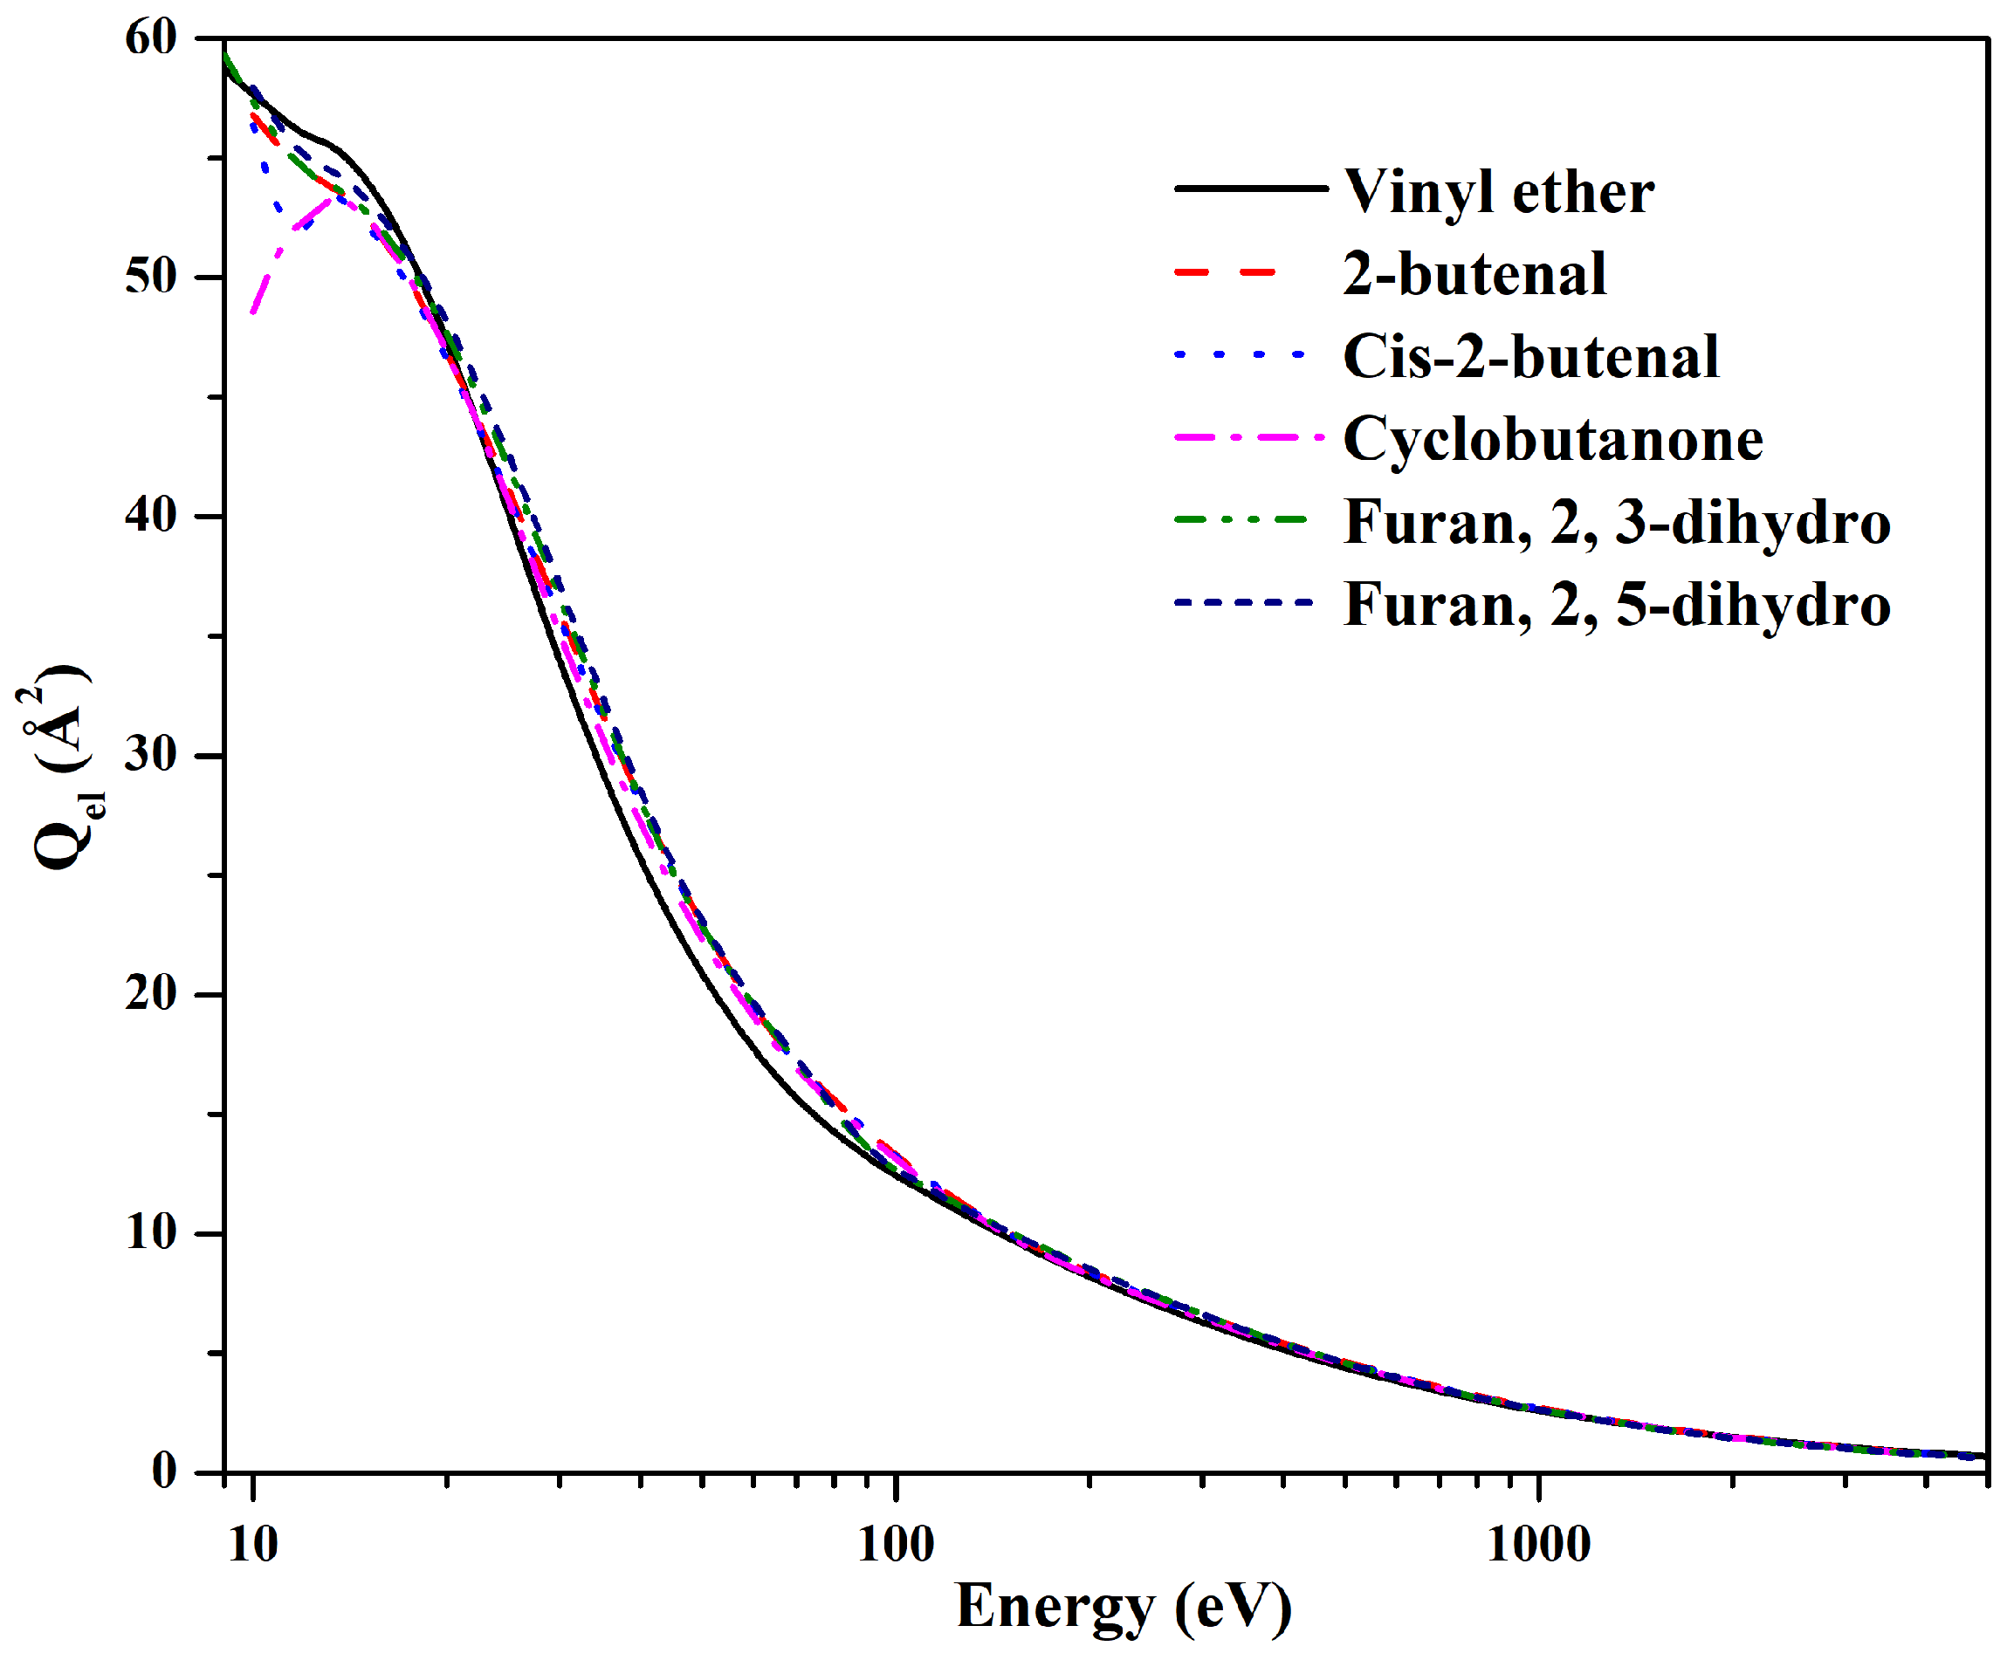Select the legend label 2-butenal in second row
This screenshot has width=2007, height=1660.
[x=1474, y=274]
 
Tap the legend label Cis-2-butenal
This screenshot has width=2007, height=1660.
[x=1530, y=356]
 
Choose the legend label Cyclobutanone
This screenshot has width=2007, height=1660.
[x=1552, y=440]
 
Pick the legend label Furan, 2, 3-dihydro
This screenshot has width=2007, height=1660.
[x=1616, y=523]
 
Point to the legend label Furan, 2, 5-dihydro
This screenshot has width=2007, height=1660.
[x=1616, y=605]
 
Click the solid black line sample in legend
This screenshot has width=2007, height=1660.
[x=1250, y=189]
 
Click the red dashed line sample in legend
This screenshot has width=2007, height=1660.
[x=1227, y=272]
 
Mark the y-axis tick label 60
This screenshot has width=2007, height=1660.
[x=151, y=38]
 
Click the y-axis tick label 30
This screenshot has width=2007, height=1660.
[x=151, y=755]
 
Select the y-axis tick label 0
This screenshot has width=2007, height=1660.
[x=164, y=1471]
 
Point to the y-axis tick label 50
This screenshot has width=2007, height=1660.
[x=151, y=278]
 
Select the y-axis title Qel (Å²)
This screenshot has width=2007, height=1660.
[x=59, y=765]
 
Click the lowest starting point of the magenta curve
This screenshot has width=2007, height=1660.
[x=252, y=312]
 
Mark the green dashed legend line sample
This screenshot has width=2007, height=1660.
[x=1241, y=520]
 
